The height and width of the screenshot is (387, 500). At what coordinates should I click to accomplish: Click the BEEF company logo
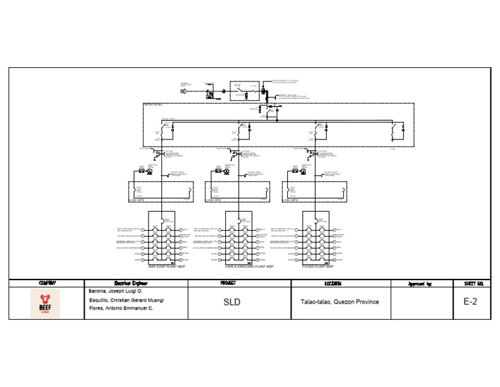tap(45, 304)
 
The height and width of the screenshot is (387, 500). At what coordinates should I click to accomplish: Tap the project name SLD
tap(232, 302)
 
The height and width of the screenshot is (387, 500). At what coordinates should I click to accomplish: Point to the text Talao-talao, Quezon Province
tap(339, 302)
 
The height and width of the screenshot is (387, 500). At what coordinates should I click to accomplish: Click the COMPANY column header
tap(48, 283)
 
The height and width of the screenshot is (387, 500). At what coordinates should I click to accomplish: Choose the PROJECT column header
tap(232, 283)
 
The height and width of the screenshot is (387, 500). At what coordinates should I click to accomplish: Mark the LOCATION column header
tap(339, 283)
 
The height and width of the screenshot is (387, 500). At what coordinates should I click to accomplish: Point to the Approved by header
tap(420, 283)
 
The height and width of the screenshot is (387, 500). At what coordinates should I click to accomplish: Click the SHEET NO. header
tap(473, 283)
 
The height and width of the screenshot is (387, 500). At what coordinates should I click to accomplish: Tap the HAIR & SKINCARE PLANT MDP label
tap(249, 266)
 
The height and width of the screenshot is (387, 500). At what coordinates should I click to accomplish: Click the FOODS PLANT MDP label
tap(318, 266)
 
